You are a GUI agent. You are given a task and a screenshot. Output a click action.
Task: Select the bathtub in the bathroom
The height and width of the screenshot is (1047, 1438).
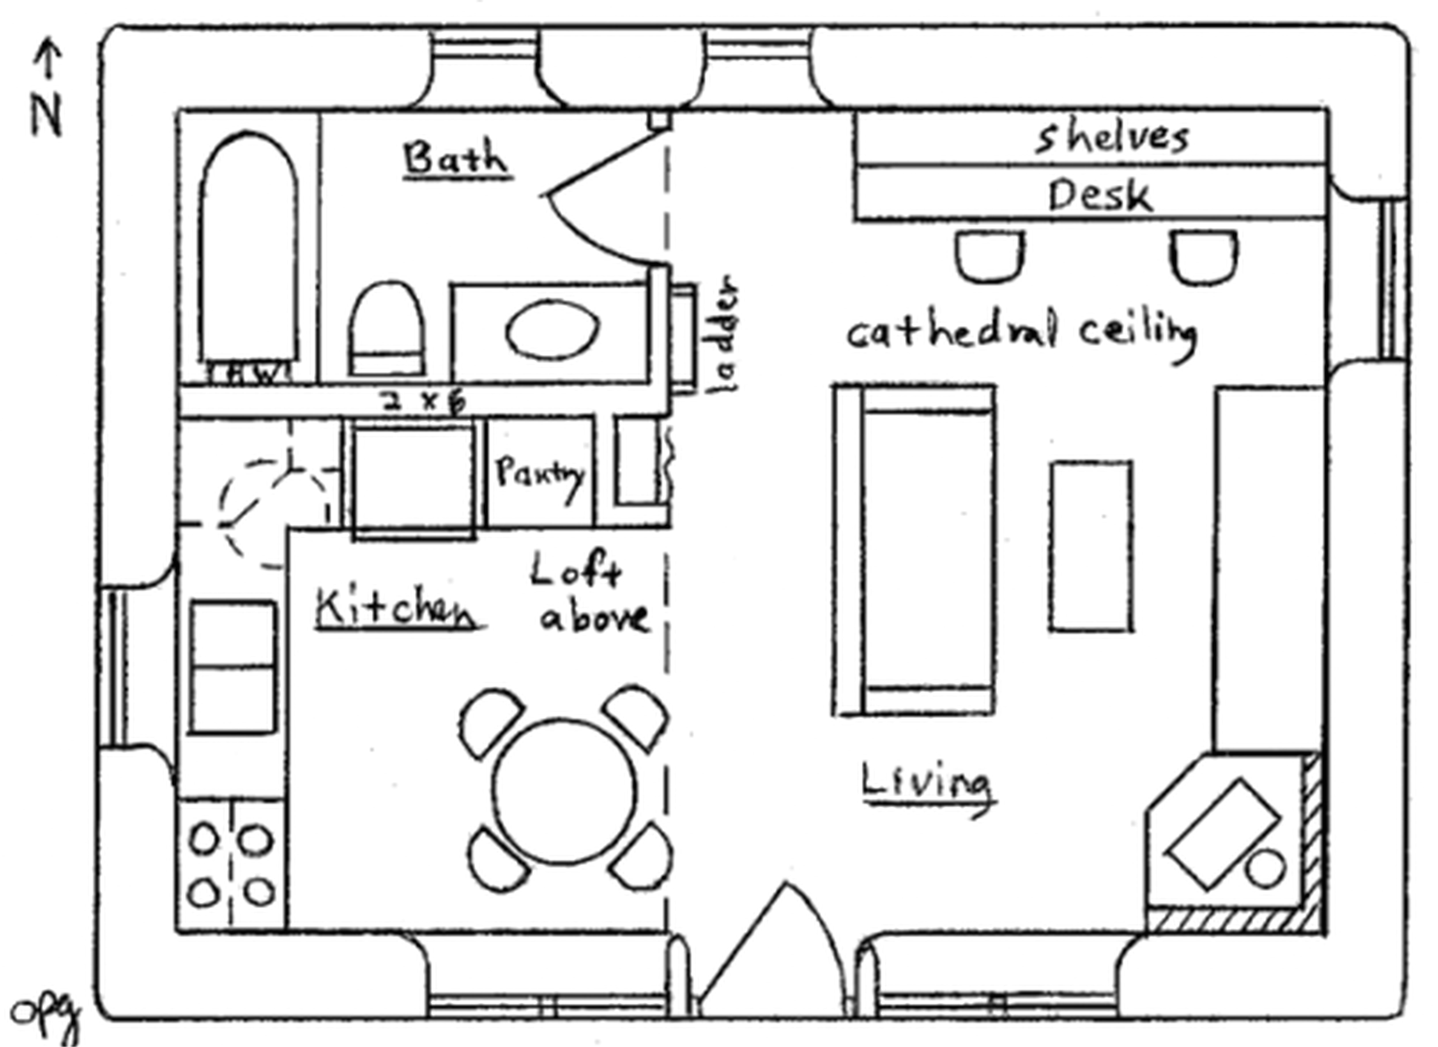(x=249, y=251)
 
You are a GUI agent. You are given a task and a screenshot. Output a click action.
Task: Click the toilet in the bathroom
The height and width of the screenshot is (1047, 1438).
(x=387, y=330)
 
